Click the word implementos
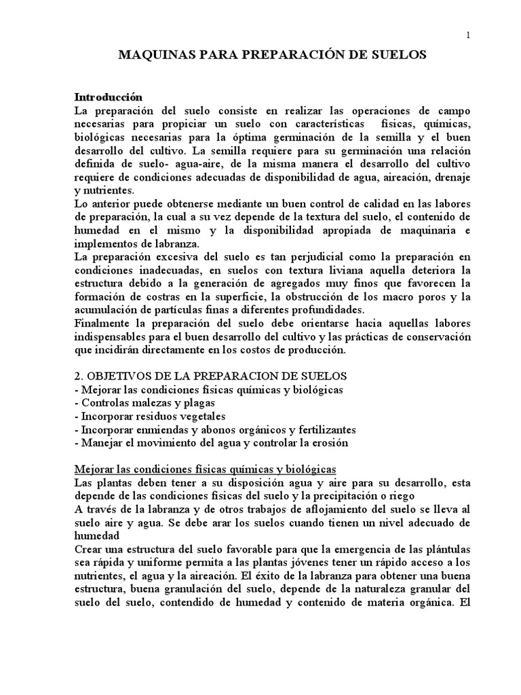107,243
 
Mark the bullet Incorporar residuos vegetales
149,416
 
